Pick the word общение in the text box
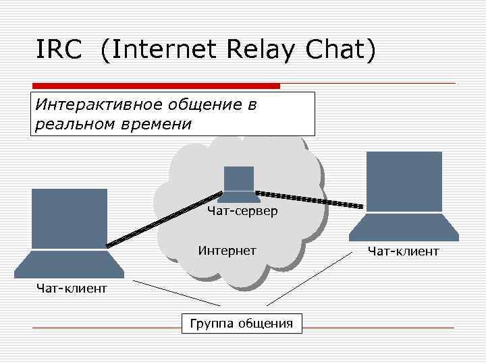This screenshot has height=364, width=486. click(x=205, y=105)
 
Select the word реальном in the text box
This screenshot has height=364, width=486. click(x=72, y=124)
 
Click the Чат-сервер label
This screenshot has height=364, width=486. click(x=242, y=212)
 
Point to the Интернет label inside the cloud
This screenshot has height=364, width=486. click(x=227, y=251)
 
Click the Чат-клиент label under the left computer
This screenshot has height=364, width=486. click(x=72, y=289)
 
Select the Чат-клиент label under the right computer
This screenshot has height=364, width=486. click(x=403, y=251)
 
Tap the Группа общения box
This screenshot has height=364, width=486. click(x=242, y=323)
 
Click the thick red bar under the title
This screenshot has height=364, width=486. click(x=156, y=86)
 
